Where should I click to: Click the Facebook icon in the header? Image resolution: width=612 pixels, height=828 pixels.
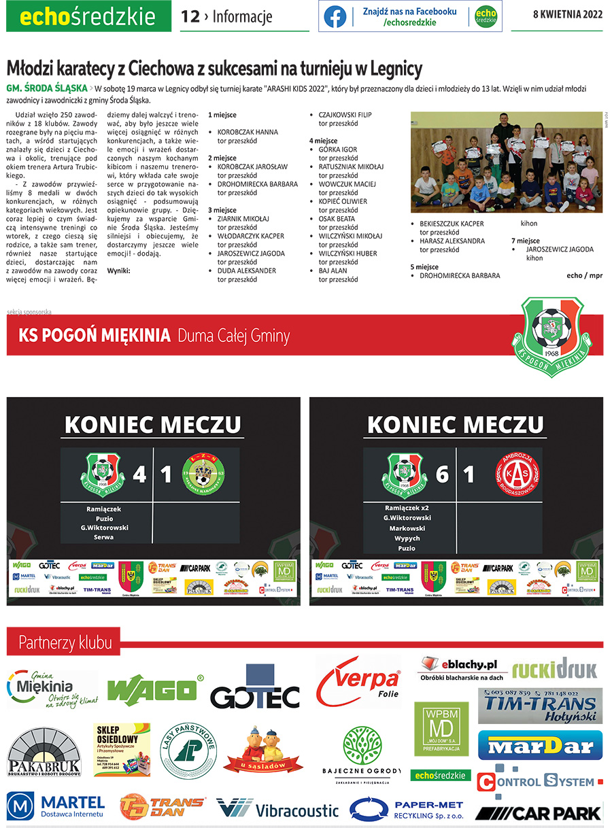[x=335, y=16]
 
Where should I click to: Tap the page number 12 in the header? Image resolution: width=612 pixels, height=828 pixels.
[x=190, y=17]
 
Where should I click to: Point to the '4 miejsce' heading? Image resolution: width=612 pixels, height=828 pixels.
[x=324, y=140]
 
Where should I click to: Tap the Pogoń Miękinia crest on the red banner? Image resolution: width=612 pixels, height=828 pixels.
[x=551, y=328]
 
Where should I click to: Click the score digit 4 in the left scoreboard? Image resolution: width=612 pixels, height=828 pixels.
[x=139, y=474]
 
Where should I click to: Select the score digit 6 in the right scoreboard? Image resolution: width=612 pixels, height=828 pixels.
[x=442, y=474]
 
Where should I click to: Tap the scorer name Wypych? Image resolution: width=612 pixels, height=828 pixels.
[x=408, y=538]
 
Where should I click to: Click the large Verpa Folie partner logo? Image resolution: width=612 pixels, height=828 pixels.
[x=358, y=681]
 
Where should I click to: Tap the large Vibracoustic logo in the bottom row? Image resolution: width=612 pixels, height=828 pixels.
[x=277, y=809]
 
